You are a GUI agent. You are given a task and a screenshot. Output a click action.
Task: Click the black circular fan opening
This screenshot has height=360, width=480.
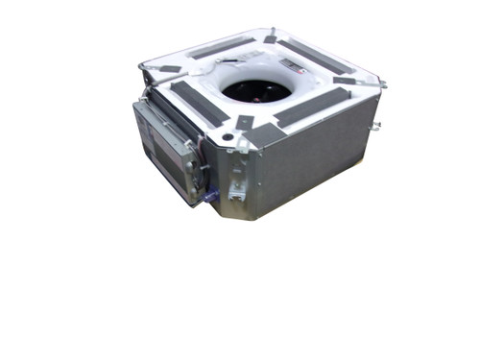tap(255, 90)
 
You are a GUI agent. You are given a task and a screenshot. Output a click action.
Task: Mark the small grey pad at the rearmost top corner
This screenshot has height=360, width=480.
tap(272, 37)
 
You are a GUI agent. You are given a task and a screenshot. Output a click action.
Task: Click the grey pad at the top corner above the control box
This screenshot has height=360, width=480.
tap(169, 69)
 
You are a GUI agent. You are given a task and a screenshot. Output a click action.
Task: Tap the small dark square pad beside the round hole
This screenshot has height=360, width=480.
tap(244, 122)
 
